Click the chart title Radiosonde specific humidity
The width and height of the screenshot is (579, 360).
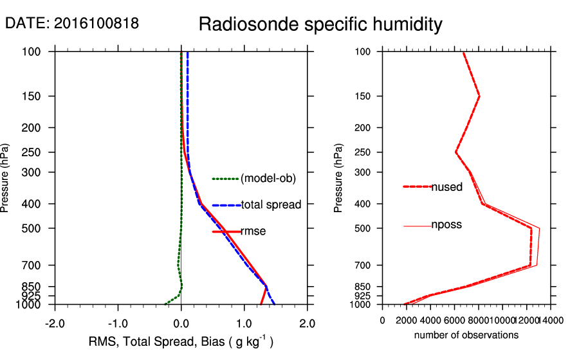(320, 24)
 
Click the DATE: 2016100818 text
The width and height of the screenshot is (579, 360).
(72, 24)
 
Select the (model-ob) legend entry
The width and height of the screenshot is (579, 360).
(268, 179)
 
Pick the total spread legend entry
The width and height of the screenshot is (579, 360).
(271, 205)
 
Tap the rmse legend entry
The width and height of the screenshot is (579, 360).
(253, 231)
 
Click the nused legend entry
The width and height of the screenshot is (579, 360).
(446, 187)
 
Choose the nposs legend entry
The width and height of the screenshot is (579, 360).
(446, 225)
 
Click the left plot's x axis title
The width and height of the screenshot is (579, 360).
(181, 341)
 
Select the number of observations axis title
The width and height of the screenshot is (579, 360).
(466, 335)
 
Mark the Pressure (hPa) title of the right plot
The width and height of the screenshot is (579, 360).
(339, 178)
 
